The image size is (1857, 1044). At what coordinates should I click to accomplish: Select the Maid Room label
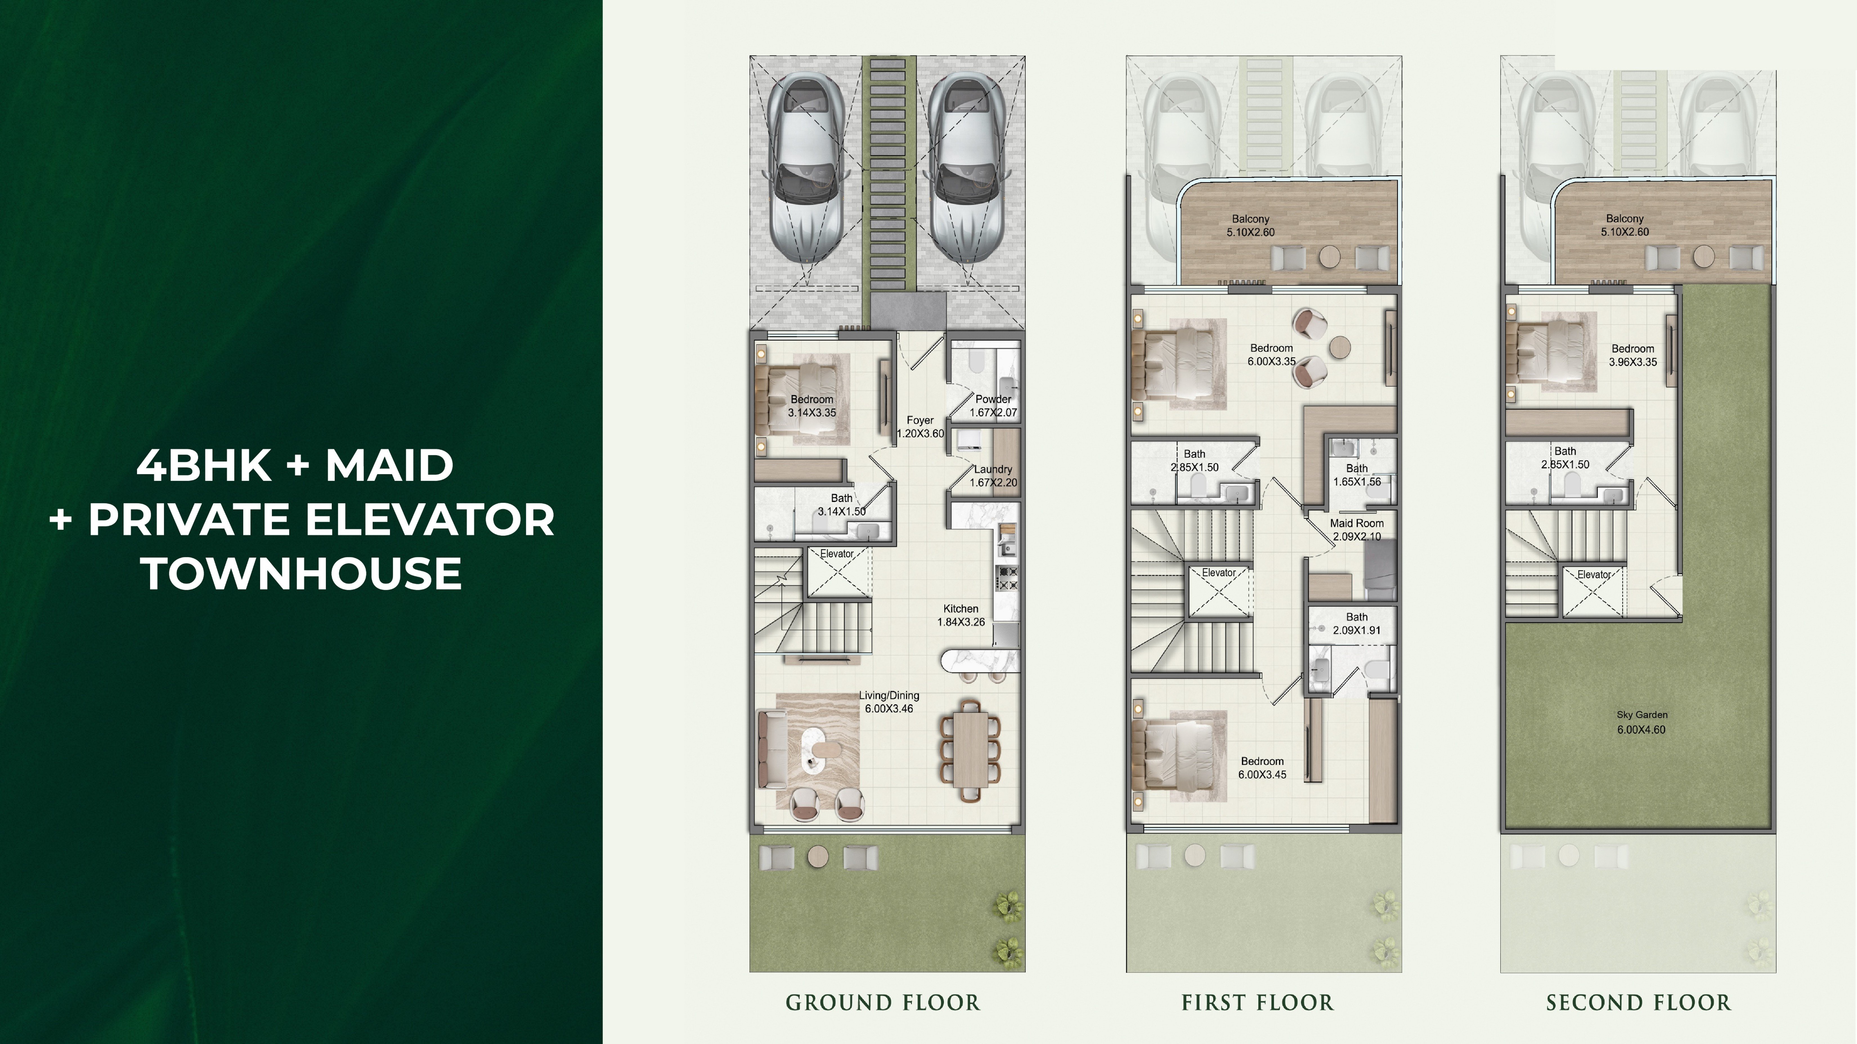pyautogui.click(x=1357, y=523)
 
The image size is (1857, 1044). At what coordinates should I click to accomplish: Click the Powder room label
pyautogui.click(x=993, y=399)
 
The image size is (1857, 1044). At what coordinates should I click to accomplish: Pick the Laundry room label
pyautogui.click(x=993, y=469)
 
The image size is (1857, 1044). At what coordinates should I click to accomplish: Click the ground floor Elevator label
pyautogui.click(x=837, y=554)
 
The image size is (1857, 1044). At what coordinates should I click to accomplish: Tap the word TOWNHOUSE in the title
pyautogui.click(x=302, y=573)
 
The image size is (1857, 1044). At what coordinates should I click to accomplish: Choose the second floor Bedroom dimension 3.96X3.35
pyautogui.click(x=1633, y=363)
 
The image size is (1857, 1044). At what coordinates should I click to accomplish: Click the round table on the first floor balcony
pyautogui.click(x=1329, y=256)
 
